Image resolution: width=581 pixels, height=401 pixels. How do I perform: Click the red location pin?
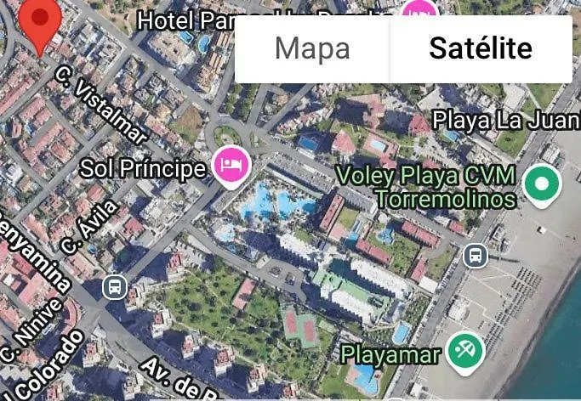39,23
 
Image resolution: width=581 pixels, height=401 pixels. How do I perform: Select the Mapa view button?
312,48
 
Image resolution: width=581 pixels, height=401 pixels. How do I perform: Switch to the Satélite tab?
481,48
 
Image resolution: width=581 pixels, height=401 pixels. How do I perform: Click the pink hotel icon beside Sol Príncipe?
230,164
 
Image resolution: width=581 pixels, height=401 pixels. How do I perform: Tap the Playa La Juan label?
505,120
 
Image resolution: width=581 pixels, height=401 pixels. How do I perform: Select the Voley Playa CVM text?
425,176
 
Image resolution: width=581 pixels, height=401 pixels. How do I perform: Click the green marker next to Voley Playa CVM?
541,183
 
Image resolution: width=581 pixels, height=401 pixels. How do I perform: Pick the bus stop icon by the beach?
476,254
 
